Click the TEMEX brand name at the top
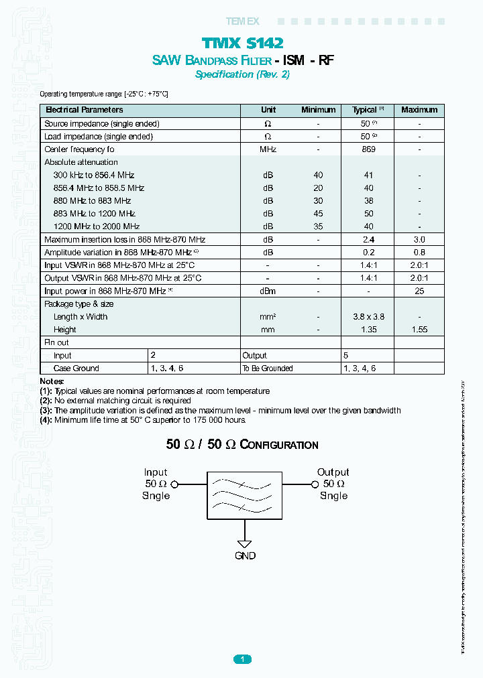click(242, 21)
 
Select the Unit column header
click(268, 110)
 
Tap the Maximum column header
click(419, 110)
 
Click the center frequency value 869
click(368, 149)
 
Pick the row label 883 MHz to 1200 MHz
click(95, 214)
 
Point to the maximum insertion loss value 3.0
click(419, 239)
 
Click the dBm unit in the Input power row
click(268, 291)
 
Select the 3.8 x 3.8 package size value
click(368, 317)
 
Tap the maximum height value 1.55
click(419, 330)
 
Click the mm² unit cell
click(268, 317)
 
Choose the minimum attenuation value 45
click(318, 214)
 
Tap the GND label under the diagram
click(245, 556)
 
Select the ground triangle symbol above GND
click(245, 544)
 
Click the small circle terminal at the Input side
click(174, 484)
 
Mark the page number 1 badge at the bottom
click(242, 659)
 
